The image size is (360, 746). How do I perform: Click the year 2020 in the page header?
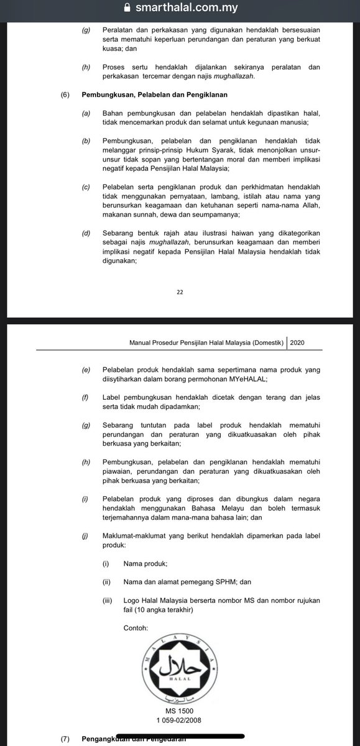[297, 341]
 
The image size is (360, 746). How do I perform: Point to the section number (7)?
[65, 739]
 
